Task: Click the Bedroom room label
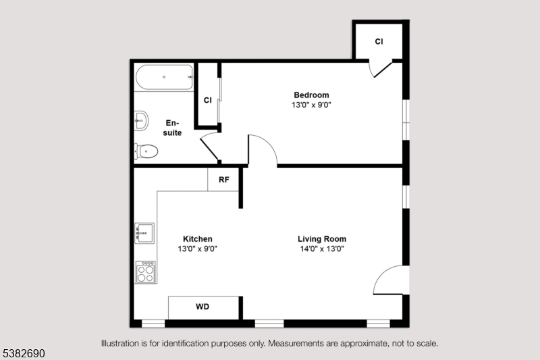(x=311, y=95)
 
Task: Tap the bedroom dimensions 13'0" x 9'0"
(x=311, y=105)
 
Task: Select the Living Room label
(x=322, y=238)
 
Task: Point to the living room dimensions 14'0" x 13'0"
(x=322, y=249)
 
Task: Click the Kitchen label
(x=197, y=238)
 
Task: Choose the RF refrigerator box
(x=223, y=180)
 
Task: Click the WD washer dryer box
(x=203, y=307)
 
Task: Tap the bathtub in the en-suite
(x=164, y=77)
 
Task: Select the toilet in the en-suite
(x=146, y=151)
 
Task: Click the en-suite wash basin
(x=141, y=121)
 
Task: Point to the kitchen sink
(x=144, y=233)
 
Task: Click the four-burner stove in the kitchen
(x=146, y=272)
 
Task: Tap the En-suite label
(x=172, y=128)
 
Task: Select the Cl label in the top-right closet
(x=379, y=41)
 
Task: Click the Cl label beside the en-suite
(x=207, y=100)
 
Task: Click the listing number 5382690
(x=24, y=353)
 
